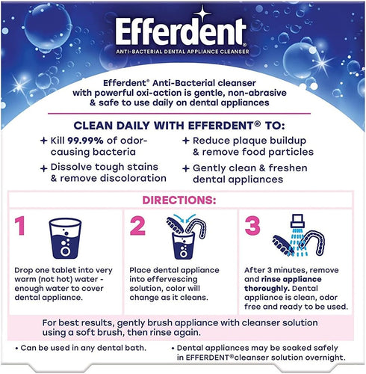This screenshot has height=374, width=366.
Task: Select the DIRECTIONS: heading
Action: [182, 200]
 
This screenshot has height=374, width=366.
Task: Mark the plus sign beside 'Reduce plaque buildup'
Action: [185, 140]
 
